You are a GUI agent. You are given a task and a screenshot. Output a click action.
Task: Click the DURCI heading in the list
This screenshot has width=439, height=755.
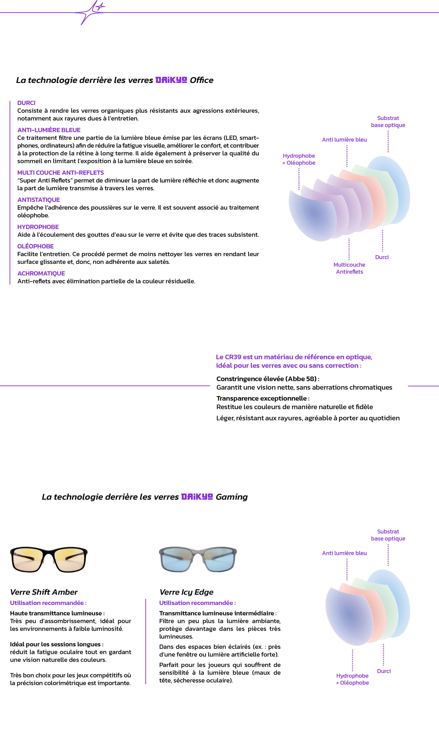pyautogui.click(x=26, y=103)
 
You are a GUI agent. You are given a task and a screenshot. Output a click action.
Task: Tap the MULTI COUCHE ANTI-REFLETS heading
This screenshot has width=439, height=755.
pyautogui.click(x=60, y=173)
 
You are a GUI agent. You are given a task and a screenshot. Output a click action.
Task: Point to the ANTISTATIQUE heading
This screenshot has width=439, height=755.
pyautogui.click(x=39, y=200)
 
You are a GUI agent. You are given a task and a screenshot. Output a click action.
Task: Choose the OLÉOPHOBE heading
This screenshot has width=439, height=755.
pyautogui.click(x=35, y=246)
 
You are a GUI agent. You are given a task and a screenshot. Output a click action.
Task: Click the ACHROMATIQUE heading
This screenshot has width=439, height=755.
pyautogui.click(x=41, y=273)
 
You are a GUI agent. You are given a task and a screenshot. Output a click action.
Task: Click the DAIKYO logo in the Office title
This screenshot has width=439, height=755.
pyautogui.click(x=171, y=80)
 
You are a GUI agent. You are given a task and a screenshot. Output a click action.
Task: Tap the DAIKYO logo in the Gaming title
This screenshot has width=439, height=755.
pyautogui.click(x=197, y=497)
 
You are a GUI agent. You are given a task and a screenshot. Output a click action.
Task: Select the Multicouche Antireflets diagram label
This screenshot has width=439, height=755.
pyautogui.click(x=349, y=268)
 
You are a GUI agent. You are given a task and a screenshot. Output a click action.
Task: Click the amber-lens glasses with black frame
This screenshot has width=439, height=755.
pyautogui.click(x=49, y=559)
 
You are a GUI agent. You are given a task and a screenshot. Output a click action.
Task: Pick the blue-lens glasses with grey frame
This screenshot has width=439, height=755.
pyautogui.click(x=198, y=559)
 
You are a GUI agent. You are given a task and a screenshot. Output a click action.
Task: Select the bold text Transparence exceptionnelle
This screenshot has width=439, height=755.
pyautogui.click(x=261, y=398)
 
